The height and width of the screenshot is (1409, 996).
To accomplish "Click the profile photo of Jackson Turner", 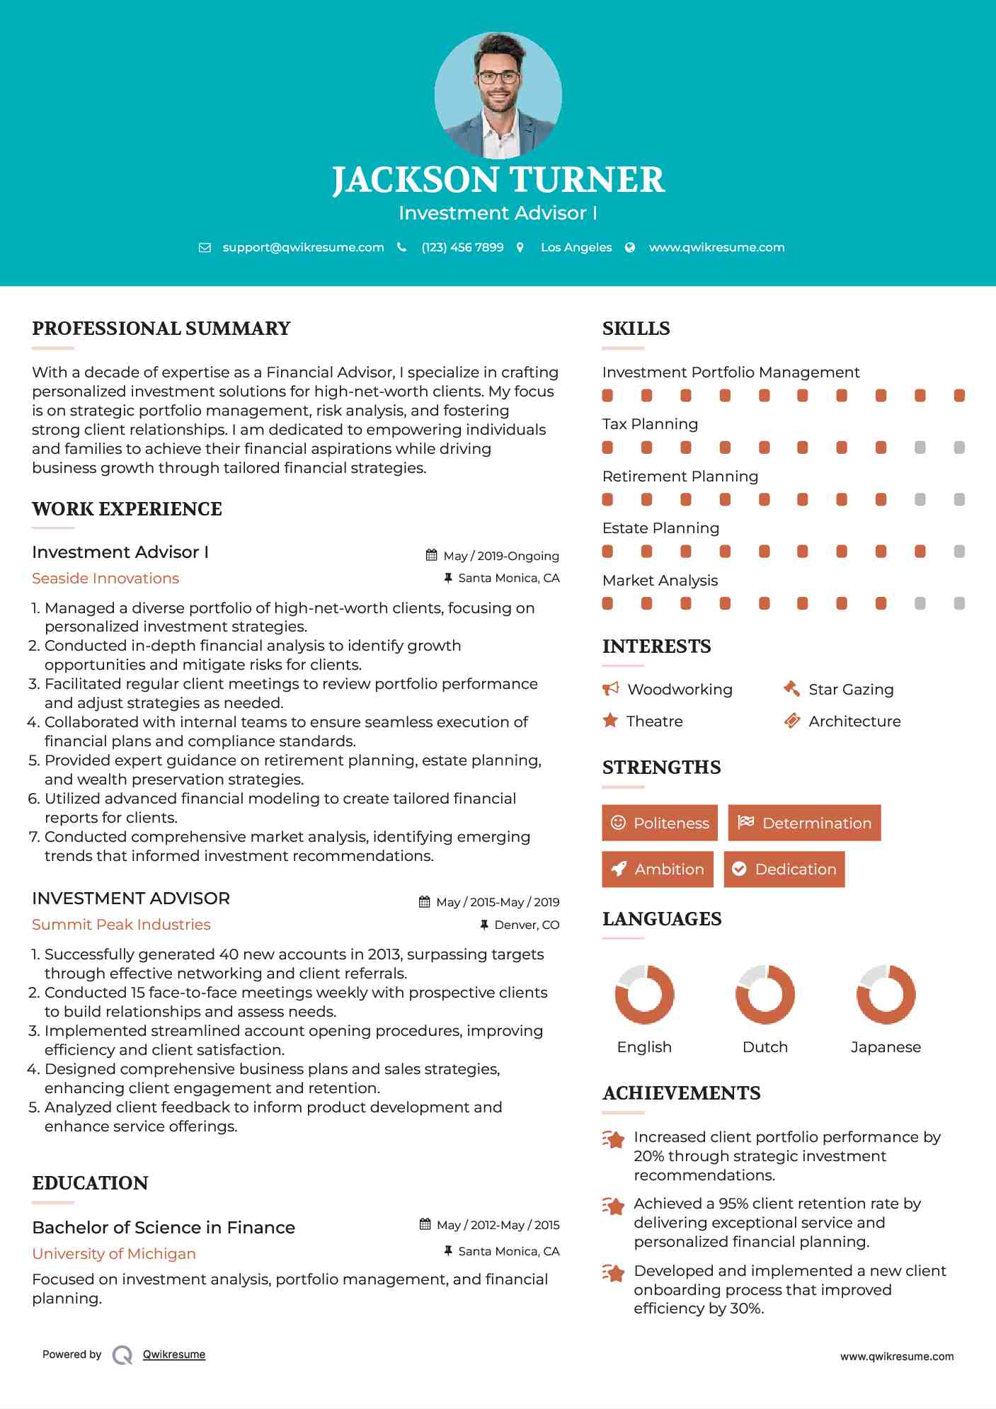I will tap(498, 95).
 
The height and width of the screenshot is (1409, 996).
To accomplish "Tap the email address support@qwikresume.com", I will tap(303, 247).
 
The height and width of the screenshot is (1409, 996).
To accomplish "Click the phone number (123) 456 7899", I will tap(462, 247).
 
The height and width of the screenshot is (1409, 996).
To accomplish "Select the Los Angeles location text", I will tap(576, 247).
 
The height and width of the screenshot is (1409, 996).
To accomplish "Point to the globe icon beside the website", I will tap(630, 247).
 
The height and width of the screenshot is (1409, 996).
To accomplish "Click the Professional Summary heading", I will tap(161, 329).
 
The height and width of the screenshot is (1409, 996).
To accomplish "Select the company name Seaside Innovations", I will tap(105, 578).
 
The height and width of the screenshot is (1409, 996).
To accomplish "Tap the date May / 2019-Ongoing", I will tap(501, 556).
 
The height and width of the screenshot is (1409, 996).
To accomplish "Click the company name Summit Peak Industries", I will tap(121, 925).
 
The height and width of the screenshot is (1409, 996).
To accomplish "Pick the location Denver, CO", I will tap(527, 925).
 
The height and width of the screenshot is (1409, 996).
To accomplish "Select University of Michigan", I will tap(114, 1254).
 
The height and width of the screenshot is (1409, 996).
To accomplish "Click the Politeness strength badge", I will tap(660, 823).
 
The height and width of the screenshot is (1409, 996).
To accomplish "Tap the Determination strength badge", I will tap(804, 823).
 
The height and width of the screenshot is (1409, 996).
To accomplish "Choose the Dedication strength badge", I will tap(784, 869).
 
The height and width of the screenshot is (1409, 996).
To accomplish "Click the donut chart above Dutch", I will tap(765, 994).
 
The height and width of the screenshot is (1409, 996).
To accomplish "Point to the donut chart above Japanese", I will tap(886, 994).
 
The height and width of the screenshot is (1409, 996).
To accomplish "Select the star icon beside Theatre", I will tap(610, 721).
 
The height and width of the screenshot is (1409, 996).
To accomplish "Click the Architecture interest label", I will tap(854, 721).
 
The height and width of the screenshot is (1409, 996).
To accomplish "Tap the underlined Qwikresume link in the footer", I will tap(174, 1354).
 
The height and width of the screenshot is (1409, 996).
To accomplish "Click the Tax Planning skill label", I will tap(650, 424).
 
